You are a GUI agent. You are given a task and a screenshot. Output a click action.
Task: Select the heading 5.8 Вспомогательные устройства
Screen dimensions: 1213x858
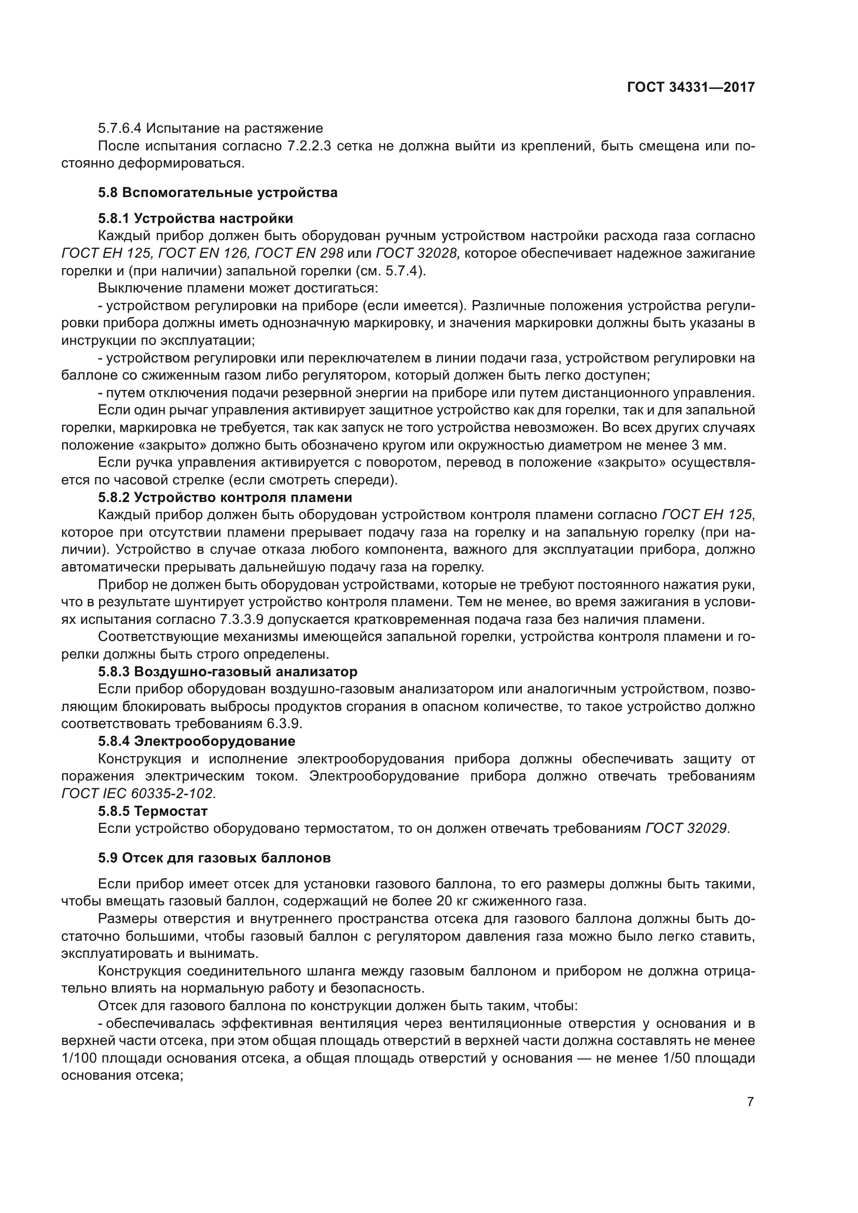coord(217,193)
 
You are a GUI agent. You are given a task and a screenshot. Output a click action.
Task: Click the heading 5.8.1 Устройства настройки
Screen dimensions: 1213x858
coord(196,219)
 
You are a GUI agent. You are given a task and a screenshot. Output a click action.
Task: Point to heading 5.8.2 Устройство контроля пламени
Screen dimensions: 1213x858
coord(225,498)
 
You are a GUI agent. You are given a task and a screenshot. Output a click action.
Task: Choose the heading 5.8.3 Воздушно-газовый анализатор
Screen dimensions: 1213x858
coord(227,672)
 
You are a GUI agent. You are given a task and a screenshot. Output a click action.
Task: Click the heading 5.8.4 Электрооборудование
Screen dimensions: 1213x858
coord(197,741)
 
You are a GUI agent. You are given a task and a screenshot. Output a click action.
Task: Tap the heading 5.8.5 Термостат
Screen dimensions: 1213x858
coord(153,811)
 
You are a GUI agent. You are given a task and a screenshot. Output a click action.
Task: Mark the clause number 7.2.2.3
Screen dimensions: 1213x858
coord(309,146)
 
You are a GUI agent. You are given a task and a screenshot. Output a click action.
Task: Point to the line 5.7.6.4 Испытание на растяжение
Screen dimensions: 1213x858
coord(210,129)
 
